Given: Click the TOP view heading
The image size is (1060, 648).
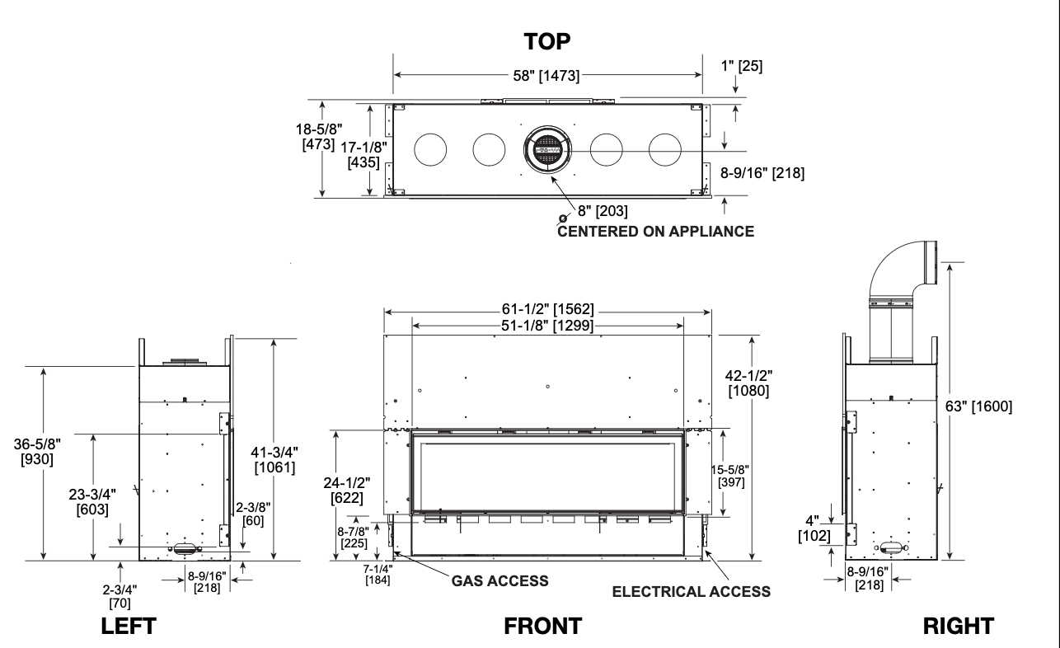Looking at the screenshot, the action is click(x=546, y=42).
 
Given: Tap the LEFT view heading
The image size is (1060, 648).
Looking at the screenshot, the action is click(x=129, y=626).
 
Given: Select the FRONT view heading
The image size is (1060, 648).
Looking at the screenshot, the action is click(x=543, y=626).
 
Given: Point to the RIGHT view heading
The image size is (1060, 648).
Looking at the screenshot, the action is click(x=959, y=626).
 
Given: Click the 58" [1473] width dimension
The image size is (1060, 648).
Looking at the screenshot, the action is click(x=546, y=76).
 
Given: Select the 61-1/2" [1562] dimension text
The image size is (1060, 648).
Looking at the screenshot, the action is click(x=547, y=309).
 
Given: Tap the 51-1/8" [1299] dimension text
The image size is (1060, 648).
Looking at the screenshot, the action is click(x=547, y=326).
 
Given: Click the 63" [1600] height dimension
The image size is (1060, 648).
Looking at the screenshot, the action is click(x=978, y=406).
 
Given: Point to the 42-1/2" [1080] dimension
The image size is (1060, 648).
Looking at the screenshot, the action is click(x=748, y=383).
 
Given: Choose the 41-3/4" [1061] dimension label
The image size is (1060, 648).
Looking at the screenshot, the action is click(x=274, y=459).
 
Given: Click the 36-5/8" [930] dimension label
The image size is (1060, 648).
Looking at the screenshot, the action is click(x=37, y=452).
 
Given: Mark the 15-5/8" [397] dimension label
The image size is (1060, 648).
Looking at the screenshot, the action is click(x=730, y=477).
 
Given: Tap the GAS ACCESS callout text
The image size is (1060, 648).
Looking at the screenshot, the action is click(x=500, y=580).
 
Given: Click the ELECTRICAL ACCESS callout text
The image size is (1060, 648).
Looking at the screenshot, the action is click(x=692, y=592).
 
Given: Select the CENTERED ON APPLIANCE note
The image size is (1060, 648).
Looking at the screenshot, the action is click(x=655, y=232).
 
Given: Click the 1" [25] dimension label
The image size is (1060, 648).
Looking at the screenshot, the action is click(x=742, y=66).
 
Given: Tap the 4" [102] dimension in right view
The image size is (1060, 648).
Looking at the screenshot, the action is click(x=814, y=528).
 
